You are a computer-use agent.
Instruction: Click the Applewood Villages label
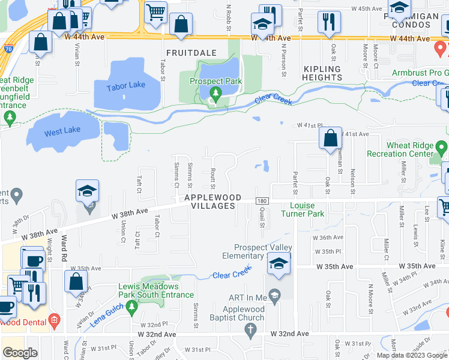click(213, 202)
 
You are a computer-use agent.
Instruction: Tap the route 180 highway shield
click(261, 201)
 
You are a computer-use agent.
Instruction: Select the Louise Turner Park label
click(303, 209)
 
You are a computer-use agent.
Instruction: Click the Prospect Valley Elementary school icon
click(279, 264)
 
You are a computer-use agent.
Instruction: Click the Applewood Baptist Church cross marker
click(251, 329)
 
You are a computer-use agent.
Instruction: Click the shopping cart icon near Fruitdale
click(156, 11)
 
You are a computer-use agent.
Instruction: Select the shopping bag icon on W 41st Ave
click(330, 138)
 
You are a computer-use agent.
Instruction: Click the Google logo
click(20, 353)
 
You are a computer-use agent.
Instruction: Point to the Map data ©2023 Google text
click(412, 355)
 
